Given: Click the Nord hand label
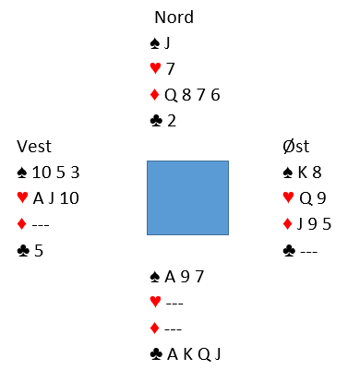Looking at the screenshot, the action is tap(174, 17).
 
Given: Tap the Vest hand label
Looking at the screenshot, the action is tap(34, 147).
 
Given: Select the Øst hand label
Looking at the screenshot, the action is tap(296, 147).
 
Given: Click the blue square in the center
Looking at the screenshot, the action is tap(187, 197).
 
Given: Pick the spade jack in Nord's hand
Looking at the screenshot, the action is tap(167, 43).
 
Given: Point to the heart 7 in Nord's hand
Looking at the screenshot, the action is tap(171, 69).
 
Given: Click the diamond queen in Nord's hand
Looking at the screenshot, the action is tap(171, 95).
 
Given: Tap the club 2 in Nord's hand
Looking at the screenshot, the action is tap(172, 121).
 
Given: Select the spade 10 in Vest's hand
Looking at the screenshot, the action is tap(42, 173).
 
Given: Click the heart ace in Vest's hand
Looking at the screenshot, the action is tap(38, 198).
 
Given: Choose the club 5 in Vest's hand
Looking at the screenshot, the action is tap(39, 251).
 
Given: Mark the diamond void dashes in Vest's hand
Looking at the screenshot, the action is tap(41, 225).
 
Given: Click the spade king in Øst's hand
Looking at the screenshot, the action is tap(303, 173).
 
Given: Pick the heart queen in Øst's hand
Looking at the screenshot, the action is tap(306, 198).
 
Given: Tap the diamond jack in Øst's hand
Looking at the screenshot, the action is tap(300, 224).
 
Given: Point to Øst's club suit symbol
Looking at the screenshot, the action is tap(289, 251).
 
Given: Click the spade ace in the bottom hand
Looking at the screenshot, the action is tap(170, 277).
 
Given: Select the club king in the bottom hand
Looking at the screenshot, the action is tap(188, 354).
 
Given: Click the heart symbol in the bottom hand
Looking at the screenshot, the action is tap(156, 302).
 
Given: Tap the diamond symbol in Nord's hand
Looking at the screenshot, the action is tap(154, 95).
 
